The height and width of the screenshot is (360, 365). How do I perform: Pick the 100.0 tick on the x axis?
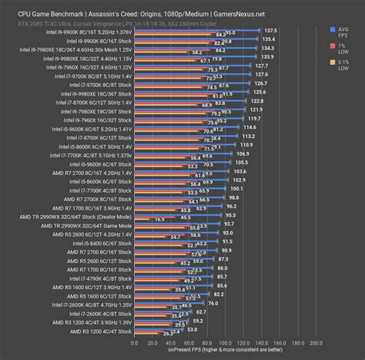pyautogui.click(x=226, y=343)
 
